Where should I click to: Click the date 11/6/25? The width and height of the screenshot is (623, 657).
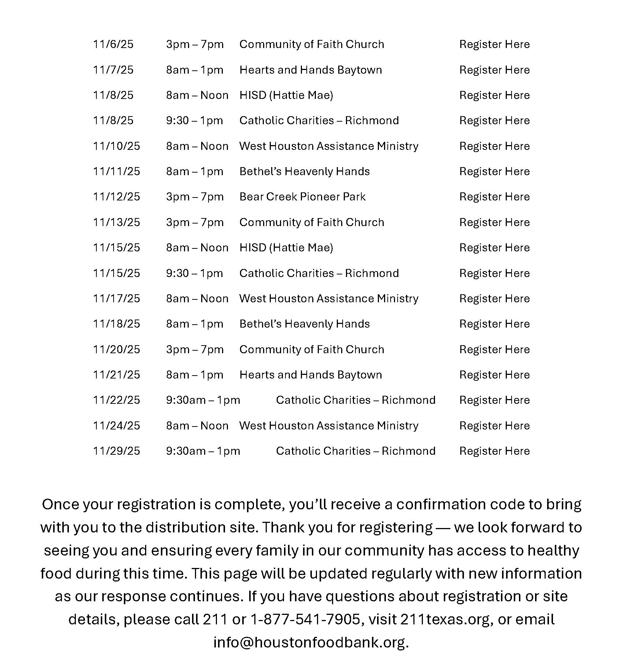(113, 44)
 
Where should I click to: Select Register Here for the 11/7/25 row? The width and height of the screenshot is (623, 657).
(494, 70)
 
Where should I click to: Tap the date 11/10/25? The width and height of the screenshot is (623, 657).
(116, 146)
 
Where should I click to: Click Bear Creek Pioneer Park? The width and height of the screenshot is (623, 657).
(302, 197)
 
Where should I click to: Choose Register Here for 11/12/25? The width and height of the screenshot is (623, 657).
(494, 197)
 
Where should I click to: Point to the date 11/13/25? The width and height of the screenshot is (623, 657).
(116, 222)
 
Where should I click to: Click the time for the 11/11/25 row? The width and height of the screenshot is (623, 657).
(194, 171)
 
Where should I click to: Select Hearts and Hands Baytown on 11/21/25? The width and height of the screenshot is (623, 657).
(310, 375)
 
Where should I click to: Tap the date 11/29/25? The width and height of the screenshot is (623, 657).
(116, 451)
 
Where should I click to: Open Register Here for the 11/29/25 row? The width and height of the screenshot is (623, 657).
(494, 451)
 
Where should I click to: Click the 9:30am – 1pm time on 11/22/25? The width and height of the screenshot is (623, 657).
(203, 400)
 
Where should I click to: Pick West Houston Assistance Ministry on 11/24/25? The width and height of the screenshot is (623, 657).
(329, 426)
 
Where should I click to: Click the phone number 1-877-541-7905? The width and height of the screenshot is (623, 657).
(305, 619)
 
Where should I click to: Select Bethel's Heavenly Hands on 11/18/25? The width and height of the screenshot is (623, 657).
(304, 324)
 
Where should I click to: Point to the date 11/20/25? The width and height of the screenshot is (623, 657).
(116, 350)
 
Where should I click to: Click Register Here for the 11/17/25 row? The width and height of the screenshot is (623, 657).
(494, 299)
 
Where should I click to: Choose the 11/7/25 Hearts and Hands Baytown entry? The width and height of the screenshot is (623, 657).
(310, 70)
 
